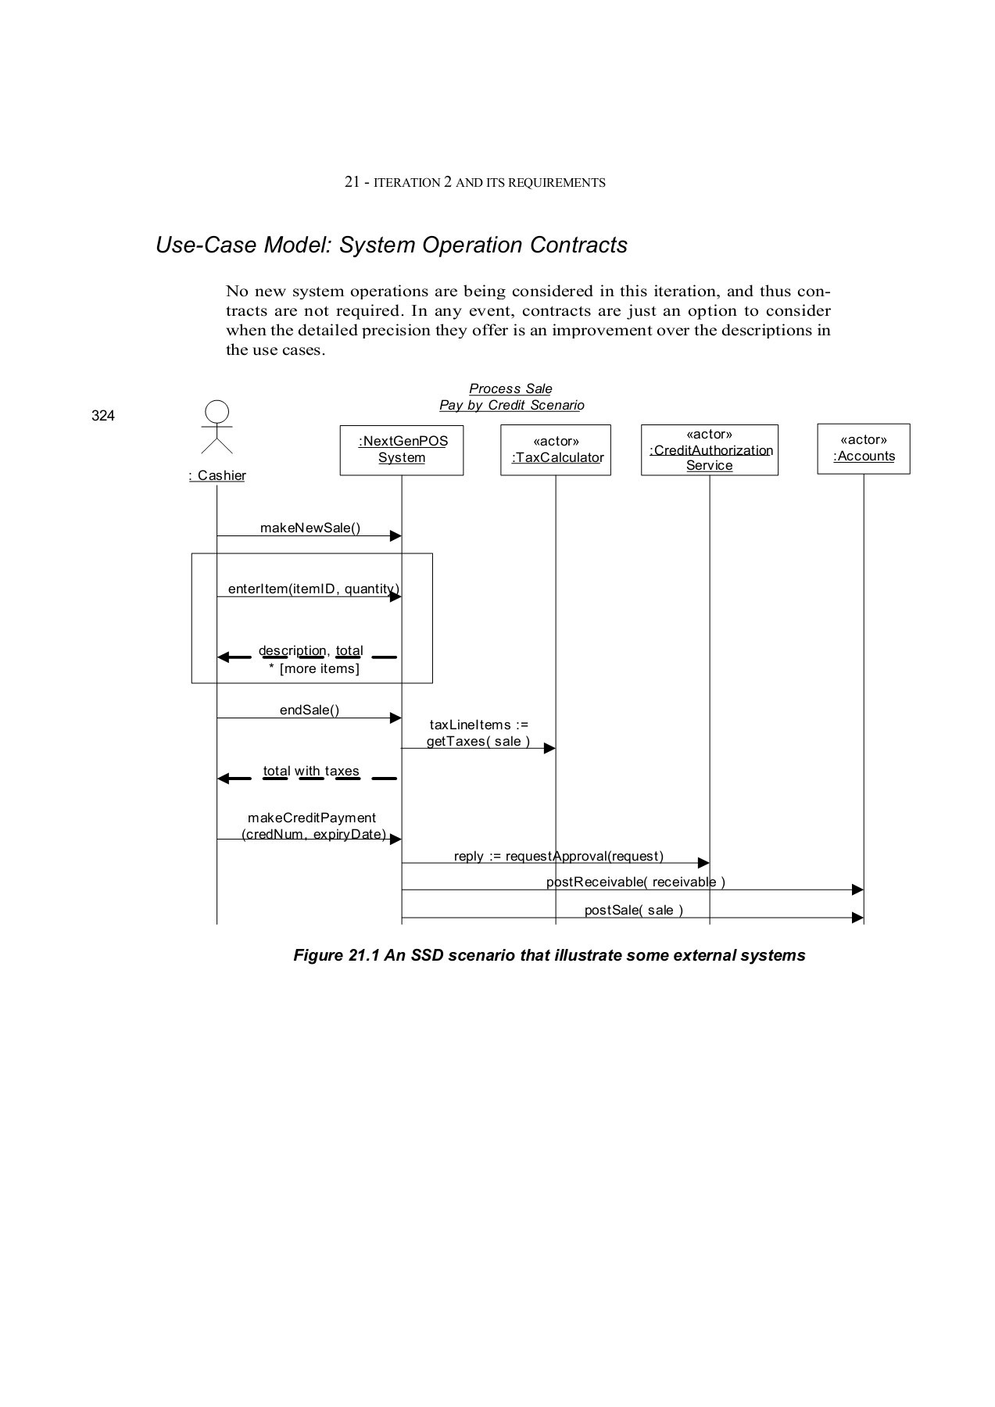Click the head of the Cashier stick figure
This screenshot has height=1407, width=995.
[217, 411]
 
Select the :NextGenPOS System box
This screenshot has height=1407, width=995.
[402, 450]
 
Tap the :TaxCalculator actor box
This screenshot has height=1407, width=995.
[556, 450]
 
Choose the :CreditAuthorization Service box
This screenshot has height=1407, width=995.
[710, 450]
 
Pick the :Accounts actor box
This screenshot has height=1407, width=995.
[864, 449]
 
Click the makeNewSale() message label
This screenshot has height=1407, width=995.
[310, 528]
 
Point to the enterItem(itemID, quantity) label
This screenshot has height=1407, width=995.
[313, 589]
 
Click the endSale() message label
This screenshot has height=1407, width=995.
[310, 710]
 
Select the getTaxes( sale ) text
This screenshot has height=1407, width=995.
[478, 741]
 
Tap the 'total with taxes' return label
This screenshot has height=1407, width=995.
[311, 771]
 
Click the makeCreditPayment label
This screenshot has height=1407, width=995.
[312, 818]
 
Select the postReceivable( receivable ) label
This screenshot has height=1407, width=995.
[635, 882]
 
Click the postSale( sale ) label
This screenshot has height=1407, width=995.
[634, 910]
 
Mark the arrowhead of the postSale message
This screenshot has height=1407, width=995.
[857, 918]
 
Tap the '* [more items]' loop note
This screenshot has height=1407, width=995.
[314, 668]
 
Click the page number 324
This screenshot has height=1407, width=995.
[103, 416]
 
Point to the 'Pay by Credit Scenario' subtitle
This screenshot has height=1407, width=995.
[511, 405]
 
